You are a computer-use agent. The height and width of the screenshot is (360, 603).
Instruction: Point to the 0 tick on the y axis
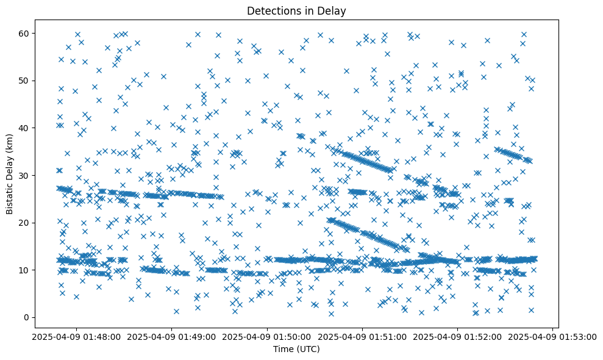[27, 317]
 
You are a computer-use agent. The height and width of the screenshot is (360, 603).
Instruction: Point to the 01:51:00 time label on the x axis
[362, 336]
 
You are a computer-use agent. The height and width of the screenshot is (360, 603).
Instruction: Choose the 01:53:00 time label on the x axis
[553, 336]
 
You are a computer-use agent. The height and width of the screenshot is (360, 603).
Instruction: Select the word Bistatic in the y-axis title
[10, 196]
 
